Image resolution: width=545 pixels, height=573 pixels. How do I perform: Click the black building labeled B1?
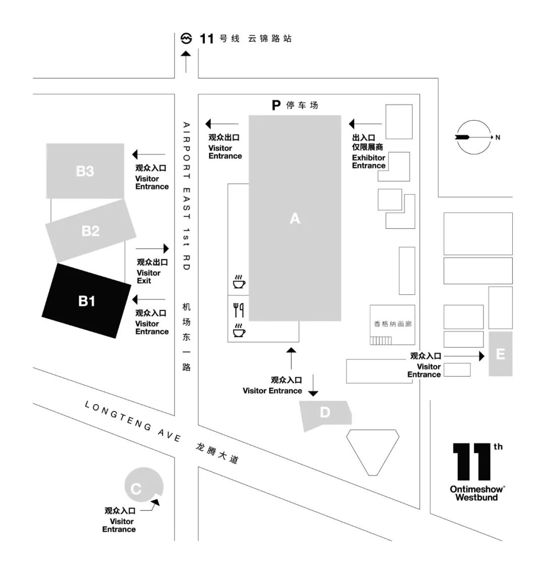point(86,301)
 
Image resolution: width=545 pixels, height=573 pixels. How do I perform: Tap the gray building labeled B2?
point(91,231)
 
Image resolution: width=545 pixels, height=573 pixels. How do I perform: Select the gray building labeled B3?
point(85,171)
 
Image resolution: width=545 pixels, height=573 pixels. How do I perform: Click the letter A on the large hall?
point(295,218)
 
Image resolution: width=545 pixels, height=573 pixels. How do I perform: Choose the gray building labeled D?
point(325,413)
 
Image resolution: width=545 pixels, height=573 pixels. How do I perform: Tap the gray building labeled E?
point(500,354)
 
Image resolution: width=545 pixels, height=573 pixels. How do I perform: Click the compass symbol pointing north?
point(474,137)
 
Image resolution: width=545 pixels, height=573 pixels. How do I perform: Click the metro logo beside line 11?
point(186,38)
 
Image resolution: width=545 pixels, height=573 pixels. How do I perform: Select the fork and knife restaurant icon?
point(238,309)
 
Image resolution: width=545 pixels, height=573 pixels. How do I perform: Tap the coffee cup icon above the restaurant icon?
point(239,282)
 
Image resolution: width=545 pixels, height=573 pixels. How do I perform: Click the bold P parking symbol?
point(276,105)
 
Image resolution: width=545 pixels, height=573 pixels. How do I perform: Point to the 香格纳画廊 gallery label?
point(393,324)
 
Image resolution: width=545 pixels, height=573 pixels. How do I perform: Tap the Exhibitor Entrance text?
point(368,162)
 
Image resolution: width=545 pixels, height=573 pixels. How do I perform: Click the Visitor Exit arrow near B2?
point(152,248)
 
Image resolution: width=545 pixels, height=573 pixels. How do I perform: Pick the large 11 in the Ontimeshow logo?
point(472,461)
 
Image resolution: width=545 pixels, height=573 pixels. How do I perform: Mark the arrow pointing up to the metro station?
point(186,61)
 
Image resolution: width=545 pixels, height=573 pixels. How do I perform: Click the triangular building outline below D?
point(372,449)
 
